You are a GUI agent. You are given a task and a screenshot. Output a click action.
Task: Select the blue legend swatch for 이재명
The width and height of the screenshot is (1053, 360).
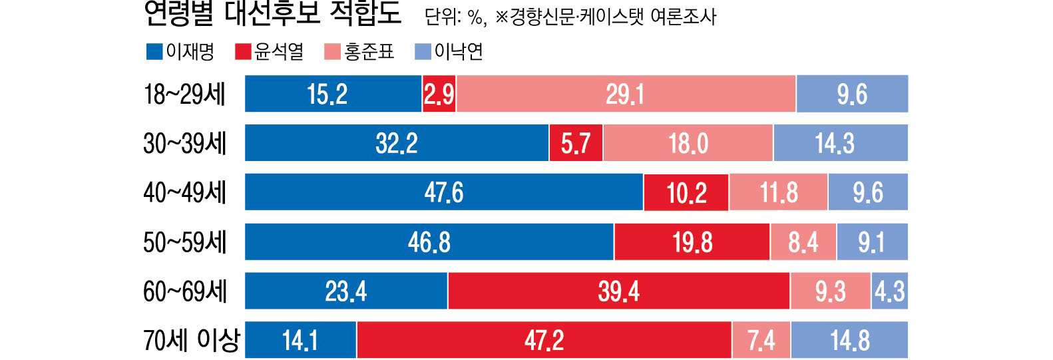tap(154, 51)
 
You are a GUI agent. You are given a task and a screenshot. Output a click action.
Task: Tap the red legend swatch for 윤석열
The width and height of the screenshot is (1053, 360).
tap(244, 51)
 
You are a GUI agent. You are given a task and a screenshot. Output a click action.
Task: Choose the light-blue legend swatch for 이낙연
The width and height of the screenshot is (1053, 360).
tap(423, 51)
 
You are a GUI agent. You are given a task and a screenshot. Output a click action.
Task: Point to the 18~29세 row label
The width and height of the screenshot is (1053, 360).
tap(184, 94)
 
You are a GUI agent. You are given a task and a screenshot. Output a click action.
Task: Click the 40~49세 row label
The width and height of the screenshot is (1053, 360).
tap(184, 192)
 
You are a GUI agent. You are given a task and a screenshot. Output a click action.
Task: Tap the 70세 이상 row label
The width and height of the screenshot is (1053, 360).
tap(191, 340)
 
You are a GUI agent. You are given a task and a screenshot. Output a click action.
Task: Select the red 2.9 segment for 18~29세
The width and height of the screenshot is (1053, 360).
tap(439, 94)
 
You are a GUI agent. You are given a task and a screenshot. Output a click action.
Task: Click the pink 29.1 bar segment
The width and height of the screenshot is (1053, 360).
tap(626, 94)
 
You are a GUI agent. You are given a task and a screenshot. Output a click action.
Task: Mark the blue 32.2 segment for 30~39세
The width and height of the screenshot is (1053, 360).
tap(397, 143)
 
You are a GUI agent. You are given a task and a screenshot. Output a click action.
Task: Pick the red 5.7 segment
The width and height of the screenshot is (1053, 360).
tap(576, 143)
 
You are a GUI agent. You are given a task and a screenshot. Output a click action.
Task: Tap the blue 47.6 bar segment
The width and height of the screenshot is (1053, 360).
tap(444, 192)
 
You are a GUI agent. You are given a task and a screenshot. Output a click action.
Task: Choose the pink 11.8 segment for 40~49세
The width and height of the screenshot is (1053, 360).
tap(778, 192)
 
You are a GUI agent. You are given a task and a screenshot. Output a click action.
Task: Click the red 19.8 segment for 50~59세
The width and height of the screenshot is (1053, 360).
tap(692, 242)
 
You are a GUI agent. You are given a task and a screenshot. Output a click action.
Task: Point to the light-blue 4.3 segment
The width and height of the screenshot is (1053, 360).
tap(890, 291)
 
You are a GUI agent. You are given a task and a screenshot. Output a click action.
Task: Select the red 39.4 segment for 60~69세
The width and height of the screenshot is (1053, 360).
tap(619, 291)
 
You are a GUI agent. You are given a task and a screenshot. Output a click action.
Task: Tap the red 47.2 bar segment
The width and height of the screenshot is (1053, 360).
tap(544, 340)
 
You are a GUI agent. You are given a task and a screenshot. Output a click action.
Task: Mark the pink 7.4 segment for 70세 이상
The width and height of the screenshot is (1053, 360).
tap(761, 340)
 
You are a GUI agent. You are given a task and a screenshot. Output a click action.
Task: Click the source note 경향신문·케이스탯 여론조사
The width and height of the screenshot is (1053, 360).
tap(612, 16)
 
